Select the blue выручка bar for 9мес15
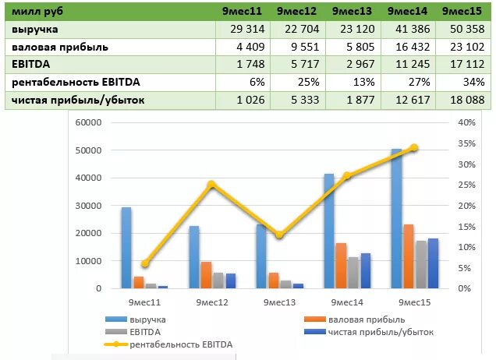click(396, 218)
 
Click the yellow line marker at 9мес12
click(211, 185)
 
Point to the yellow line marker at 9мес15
click(414, 147)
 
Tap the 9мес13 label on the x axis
click(279, 302)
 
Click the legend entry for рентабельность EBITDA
click(180, 344)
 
